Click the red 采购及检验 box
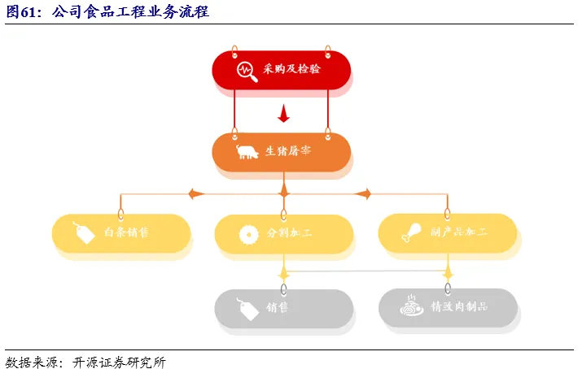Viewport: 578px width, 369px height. click(282, 70)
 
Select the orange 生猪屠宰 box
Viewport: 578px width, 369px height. click(282, 152)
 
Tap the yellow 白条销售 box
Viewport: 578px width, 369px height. click(120, 233)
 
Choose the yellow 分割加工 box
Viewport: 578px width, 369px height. click(283, 233)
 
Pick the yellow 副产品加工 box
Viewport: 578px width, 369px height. click(447, 233)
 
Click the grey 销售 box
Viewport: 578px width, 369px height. click(283, 308)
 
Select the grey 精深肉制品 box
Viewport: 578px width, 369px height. click(448, 308)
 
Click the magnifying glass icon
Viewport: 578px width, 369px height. click(247, 71)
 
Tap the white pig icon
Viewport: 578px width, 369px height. click(247, 152)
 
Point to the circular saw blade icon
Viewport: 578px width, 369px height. click(247, 234)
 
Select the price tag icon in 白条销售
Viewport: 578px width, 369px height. click(84, 233)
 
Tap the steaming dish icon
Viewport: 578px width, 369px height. click(409, 307)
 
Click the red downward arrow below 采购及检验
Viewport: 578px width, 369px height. click(283, 113)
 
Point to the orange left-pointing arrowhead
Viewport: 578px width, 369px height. click(194, 193)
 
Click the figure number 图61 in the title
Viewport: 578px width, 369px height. click(23, 11)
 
